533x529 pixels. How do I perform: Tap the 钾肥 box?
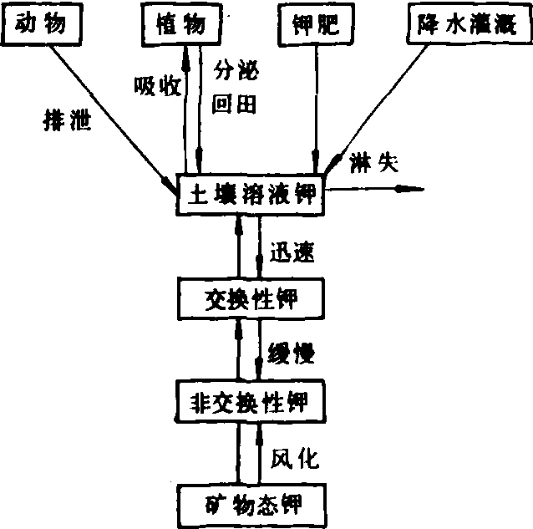point(315,23)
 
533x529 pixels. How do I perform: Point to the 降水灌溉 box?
point(467,23)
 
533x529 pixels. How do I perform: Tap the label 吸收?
point(156,85)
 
